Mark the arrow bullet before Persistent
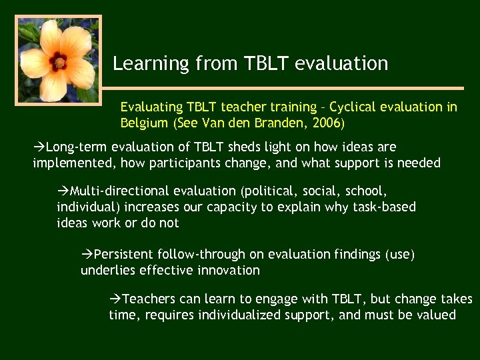point(87,254)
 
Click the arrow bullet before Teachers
point(115,299)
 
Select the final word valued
point(437,315)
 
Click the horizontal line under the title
point(287,88)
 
